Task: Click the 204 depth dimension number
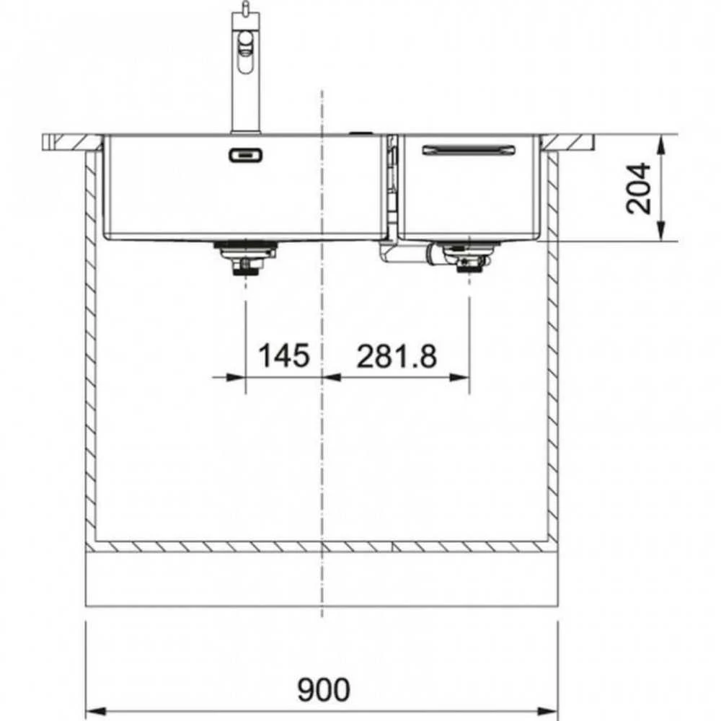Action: pos(639,188)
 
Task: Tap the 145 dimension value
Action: pos(283,355)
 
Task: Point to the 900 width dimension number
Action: pos(324,689)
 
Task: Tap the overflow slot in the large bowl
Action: pos(246,155)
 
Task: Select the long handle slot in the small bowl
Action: pos(469,150)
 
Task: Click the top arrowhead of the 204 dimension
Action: pos(660,146)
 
